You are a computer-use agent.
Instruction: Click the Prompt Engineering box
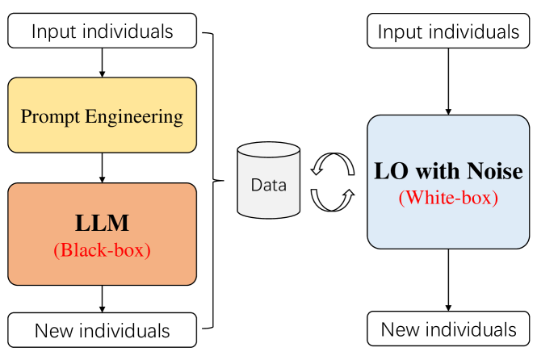pyautogui.click(x=102, y=115)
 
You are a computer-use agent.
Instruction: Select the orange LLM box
pyautogui.click(x=102, y=234)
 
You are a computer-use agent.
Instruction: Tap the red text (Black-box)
pyautogui.click(x=102, y=250)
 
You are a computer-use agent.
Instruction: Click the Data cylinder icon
pyautogui.click(x=268, y=182)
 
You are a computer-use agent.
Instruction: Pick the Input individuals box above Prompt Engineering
pyautogui.click(x=102, y=32)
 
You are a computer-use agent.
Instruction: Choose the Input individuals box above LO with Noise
pyautogui.click(x=448, y=32)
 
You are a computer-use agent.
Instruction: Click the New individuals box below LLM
pyautogui.click(x=102, y=330)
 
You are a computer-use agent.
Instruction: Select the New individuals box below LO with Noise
pyautogui.click(x=448, y=329)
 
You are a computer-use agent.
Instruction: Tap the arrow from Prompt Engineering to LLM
pyautogui.click(x=102, y=167)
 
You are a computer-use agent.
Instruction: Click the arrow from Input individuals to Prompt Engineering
pyautogui.click(x=102, y=61)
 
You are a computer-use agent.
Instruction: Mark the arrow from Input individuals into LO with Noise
pyautogui.click(x=448, y=81)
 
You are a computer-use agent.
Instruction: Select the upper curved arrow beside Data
pyautogui.click(x=332, y=165)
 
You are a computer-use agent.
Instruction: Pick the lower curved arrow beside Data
pyautogui.click(x=332, y=199)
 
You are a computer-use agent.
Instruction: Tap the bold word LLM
pyautogui.click(x=102, y=223)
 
